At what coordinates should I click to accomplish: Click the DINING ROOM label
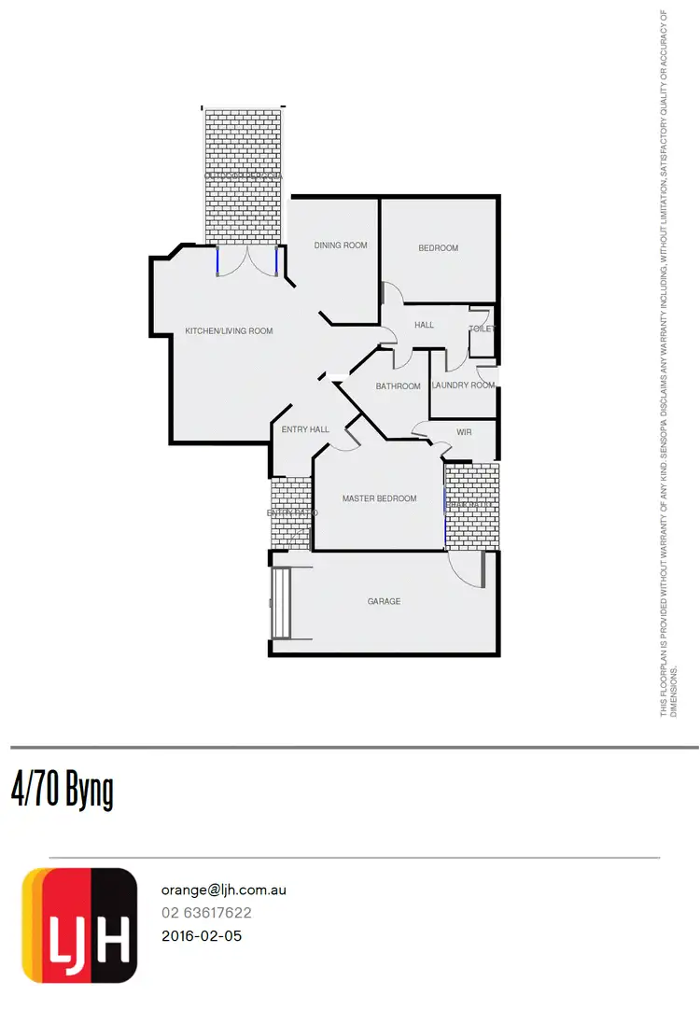point(341,245)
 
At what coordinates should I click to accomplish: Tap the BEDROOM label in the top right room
point(438,248)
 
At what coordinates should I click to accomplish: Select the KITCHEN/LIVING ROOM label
point(229,331)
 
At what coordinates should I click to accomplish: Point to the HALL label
point(424,325)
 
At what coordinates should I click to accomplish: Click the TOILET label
point(482,329)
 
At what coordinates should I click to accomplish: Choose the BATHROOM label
point(398,385)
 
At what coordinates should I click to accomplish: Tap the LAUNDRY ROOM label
point(463,385)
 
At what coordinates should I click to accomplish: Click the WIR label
point(464,432)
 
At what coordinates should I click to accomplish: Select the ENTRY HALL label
point(305,429)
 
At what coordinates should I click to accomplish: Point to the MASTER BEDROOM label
point(379,498)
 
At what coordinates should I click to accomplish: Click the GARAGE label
point(384,601)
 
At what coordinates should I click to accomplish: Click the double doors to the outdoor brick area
point(247,260)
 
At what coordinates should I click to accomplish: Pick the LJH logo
point(79,926)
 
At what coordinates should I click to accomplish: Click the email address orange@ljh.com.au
point(223,890)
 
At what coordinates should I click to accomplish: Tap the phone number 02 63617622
point(206,913)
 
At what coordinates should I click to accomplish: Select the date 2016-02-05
point(202,935)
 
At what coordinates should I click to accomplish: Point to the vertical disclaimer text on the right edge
point(668,364)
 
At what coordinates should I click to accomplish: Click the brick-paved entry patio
point(290,513)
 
